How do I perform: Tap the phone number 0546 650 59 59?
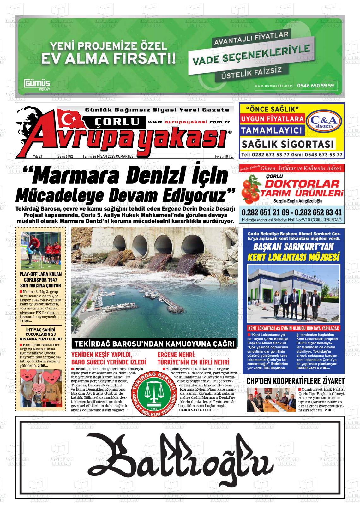point(316,85)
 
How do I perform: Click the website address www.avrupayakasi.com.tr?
point(189,122)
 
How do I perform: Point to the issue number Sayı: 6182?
point(65,156)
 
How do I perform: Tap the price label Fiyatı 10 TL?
point(224,156)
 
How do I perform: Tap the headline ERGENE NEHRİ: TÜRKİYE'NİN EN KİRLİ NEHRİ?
point(193,358)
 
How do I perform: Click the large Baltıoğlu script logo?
point(180,457)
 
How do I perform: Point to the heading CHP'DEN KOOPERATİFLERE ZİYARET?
point(295,381)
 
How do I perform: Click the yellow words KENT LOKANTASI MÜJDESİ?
point(293,257)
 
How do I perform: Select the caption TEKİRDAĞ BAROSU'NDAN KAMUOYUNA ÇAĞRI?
point(154,344)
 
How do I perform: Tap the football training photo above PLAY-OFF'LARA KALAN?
point(40,250)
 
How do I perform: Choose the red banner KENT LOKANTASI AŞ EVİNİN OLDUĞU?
point(293,328)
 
